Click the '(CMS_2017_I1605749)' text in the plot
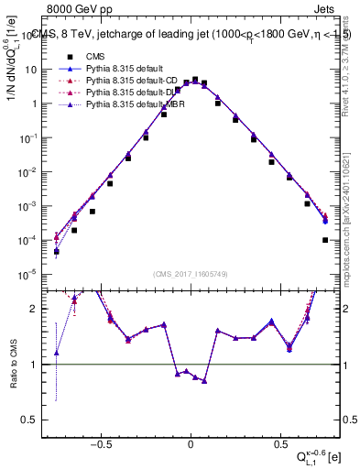191,274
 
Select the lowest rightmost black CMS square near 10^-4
325,240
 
